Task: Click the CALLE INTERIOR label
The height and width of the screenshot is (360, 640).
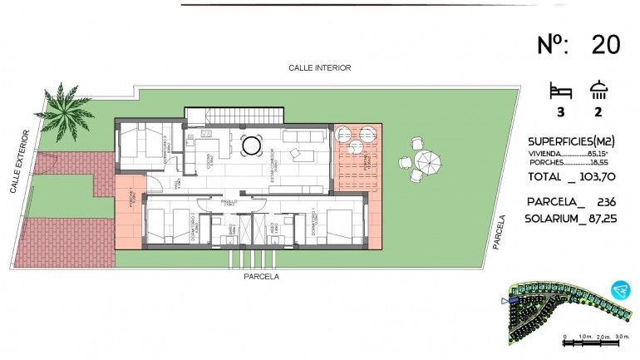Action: [320, 68]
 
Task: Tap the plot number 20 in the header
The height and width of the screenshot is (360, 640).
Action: [605, 45]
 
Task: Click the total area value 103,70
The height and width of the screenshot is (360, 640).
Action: [601, 177]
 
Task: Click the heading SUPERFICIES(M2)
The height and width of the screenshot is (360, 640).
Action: [575, 140]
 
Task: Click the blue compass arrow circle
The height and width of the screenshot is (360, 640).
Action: [618, 289]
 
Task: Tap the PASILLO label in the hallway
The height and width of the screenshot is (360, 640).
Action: [229, 201]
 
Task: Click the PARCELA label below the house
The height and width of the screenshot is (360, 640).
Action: [261, 276]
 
